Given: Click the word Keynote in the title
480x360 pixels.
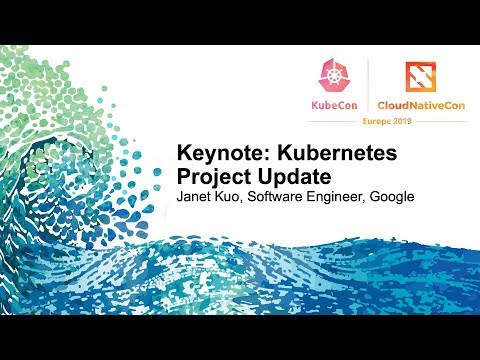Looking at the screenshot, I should pos(212,156).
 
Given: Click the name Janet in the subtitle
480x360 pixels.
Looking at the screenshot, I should pos(195,196).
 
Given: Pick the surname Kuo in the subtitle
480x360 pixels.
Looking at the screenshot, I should pos(232,196).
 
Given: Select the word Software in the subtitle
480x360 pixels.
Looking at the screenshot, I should pos(280,196).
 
